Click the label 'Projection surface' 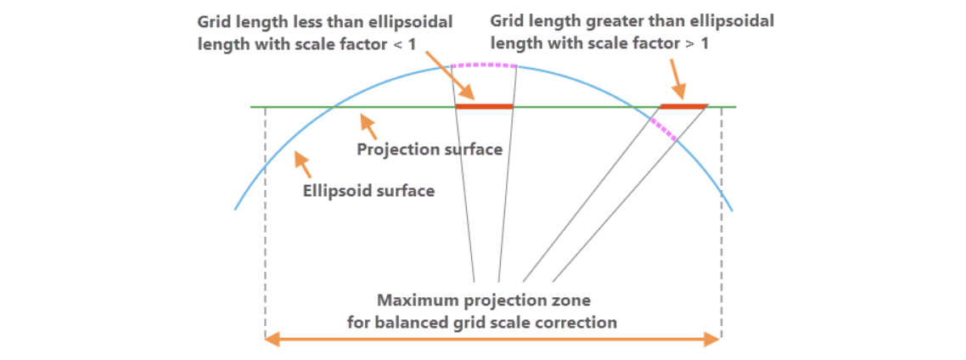pos(429,150)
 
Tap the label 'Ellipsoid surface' pos(368,190)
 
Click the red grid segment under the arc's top pos(485,106)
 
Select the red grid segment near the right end pos(683,106)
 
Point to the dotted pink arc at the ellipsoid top pos(483,65)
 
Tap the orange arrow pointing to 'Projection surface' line pos(367,125)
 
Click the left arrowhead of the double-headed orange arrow pos(271,340)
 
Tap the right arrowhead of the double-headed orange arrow pos(715,340)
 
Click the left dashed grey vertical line pos(265,221)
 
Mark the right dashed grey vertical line pos(722,221)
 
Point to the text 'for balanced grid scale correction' pos(482,323)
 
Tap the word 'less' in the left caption pos(310,20)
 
